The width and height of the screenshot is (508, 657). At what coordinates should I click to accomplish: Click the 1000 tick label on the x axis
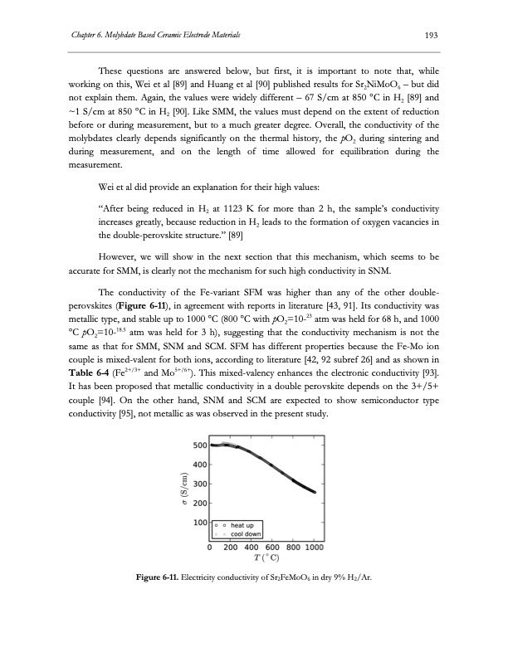(x=314, y=547)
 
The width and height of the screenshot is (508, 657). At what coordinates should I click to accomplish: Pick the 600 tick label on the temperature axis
(x=268, y=547)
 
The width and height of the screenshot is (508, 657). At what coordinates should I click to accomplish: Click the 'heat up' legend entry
(x=248, y=524)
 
